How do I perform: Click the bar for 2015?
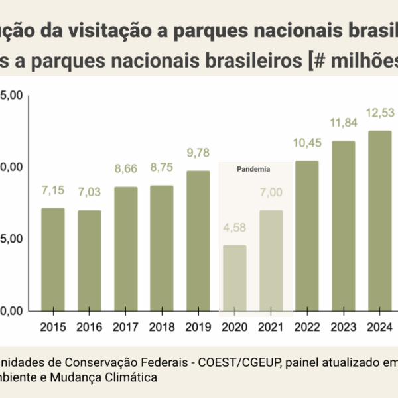(53, 259)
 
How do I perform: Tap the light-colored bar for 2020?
(234, 278)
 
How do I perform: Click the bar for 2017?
(125, 249)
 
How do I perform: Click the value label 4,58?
(234, 229)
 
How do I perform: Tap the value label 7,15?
(53, 191)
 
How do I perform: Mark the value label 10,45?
(306, 143)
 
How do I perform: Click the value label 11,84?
(343, 123)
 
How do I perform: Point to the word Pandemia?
(253, 169)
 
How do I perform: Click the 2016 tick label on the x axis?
(89, 326)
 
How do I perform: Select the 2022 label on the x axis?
(306, 326)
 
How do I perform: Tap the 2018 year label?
(161, 326)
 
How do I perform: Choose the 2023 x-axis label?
(343, 326)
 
